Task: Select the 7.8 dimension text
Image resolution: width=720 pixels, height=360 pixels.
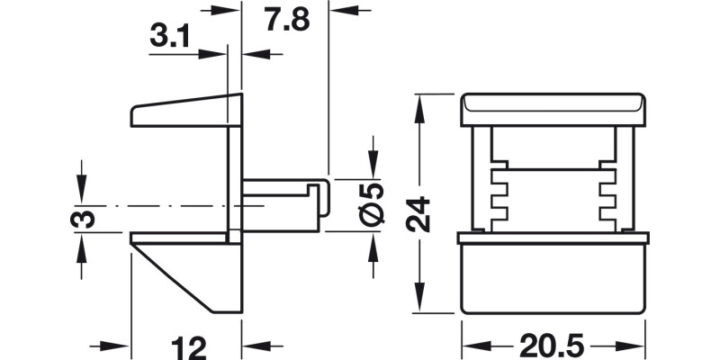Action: (x=286, y=19)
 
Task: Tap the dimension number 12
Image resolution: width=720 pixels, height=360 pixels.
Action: (x=189, y=346)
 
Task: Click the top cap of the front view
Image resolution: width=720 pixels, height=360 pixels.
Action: (x=554, y=109)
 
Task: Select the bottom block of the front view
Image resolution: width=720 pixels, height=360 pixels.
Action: (x=553, y=279)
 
